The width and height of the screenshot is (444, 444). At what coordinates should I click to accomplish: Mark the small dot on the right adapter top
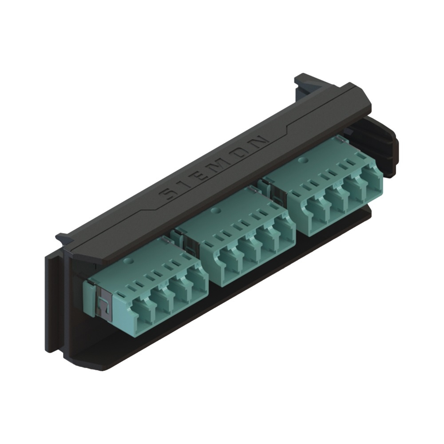pos(304,159)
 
